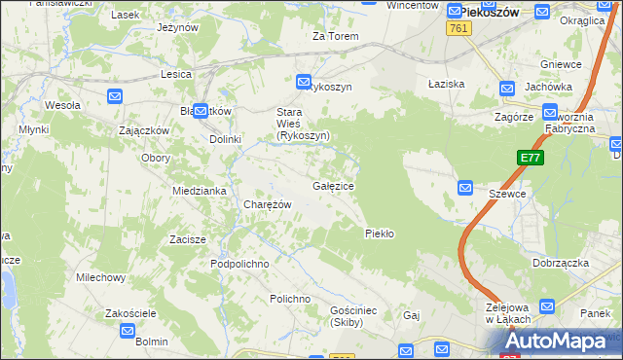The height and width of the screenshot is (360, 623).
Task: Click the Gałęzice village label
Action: pos(333,186)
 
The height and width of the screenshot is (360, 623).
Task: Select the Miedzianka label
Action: pos(199,191)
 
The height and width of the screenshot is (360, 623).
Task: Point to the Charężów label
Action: pos(267,205)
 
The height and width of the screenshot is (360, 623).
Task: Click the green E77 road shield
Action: pos(531,158)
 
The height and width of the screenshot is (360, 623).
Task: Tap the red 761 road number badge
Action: pos(460,30)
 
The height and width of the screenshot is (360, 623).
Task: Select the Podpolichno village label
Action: pos(239,264)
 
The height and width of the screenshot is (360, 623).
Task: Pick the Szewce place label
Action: pos(507,195)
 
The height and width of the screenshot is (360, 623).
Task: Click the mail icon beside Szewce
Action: pos(465,188)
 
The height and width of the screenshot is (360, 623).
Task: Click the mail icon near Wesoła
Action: pos(115,95)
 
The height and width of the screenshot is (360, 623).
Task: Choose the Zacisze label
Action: pos(187,239)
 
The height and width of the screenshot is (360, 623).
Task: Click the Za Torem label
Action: pos(335,37)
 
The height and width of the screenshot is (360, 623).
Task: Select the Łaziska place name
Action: pos(447,85)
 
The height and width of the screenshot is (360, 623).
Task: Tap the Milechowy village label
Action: pos(101,278)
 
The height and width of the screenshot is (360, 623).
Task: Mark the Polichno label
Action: pos(290,299)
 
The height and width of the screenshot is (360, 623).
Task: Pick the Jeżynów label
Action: pos(177,27)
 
